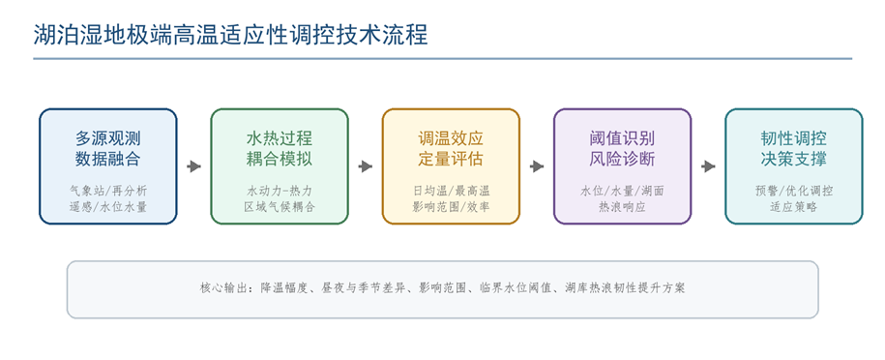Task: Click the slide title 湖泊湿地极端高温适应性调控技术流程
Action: point(230,35)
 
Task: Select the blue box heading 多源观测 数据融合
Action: point(107,149)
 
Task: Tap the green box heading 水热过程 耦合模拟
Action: point(280,149)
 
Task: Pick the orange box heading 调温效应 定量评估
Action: point(451,149)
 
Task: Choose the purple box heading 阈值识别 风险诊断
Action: point(623,149)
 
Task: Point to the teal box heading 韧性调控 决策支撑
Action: point(794,149)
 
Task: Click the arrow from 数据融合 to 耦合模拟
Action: point(194,166)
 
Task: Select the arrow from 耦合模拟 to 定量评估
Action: point(366,166)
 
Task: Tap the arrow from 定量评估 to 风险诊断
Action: point(537,166)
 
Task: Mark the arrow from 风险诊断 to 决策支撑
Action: point(708,166)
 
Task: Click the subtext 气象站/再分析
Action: point(107,191)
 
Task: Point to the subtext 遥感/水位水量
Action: point(107,207)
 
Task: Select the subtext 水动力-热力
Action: point(280,191)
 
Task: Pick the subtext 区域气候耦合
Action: point(280,207)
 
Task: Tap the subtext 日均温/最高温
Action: point(451,191)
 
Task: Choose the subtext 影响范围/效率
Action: point(451,207)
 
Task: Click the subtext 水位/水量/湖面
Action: point(623,191)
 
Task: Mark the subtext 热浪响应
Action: point(623,207)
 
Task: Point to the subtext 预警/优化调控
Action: point(794,191)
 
